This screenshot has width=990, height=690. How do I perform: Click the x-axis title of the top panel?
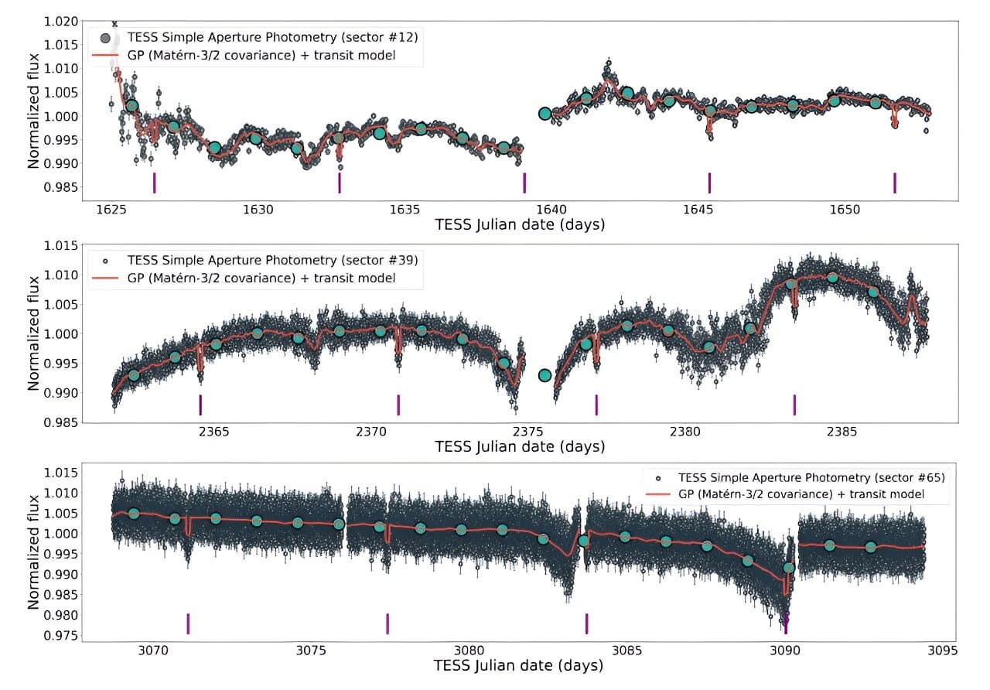point(520,225)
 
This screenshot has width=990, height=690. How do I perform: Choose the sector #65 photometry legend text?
point(811,477)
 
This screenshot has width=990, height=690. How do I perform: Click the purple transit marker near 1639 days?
point(524,183)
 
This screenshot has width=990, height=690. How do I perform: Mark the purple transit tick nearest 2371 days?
point(398,405)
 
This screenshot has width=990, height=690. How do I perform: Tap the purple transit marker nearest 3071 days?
point(188,623)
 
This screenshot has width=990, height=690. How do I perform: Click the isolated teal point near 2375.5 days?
point(544,375)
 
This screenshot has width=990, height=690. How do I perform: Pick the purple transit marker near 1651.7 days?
point(895,183)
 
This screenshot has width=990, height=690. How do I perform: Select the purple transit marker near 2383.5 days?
point(794,405)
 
